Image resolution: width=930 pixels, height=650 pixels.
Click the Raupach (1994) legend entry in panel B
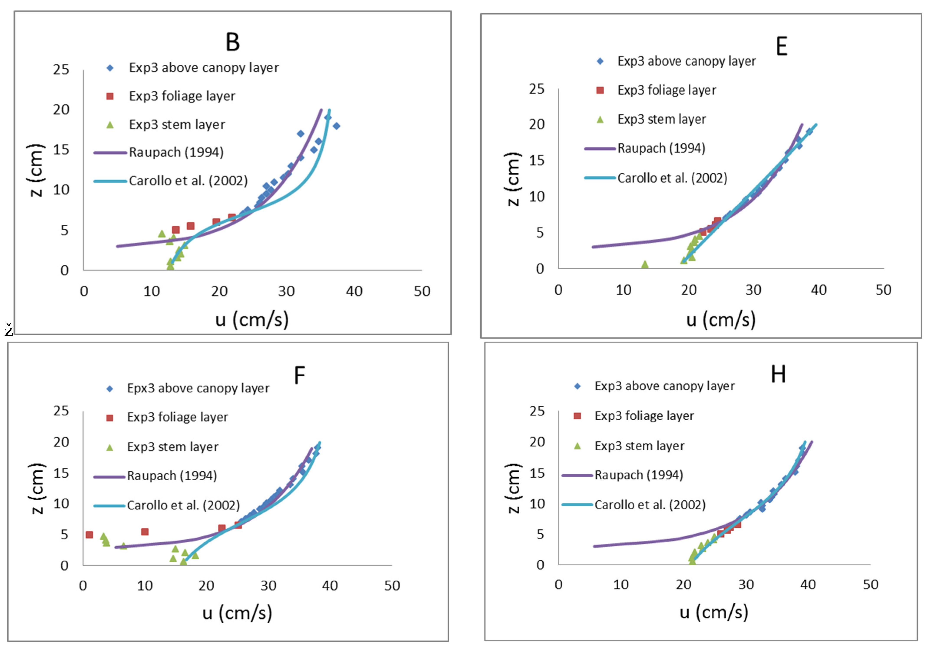coord(176,152)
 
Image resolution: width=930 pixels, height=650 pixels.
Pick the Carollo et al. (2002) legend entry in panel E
coord(672,178)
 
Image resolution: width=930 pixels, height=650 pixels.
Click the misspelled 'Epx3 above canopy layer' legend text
coord(198,388)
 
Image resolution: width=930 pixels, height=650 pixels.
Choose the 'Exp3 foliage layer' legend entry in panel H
coord(644,416)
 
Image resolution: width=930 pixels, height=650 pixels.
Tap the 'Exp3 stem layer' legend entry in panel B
coord(177,125)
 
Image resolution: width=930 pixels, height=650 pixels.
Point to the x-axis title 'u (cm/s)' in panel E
coord(721,320)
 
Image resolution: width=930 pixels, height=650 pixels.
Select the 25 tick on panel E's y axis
coord(537,89)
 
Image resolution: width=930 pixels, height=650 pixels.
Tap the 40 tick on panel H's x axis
coord(808,585)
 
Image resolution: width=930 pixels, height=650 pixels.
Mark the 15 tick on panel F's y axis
coord(61,473)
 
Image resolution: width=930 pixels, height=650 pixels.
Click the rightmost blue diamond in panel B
coord(336,126)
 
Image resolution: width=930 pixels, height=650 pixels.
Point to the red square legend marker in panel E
coord(600,90)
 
